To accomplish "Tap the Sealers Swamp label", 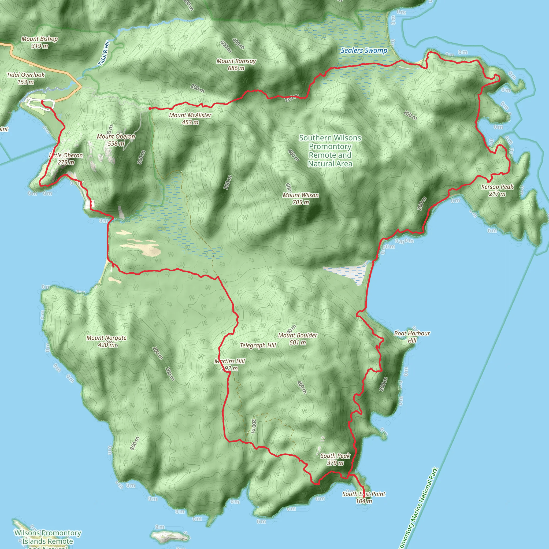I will point(364,51).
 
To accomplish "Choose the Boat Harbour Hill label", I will point(412,337).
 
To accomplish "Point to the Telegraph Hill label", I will point(258,345).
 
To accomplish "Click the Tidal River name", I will point(104,53).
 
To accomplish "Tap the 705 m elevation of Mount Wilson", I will point(301,203).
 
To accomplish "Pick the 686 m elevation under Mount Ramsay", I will point(236,68).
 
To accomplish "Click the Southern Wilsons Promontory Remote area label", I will point(330,151).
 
